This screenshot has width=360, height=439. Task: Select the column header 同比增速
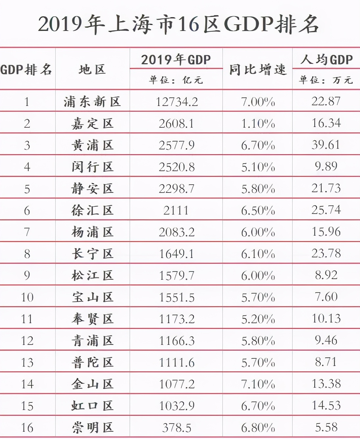pyautogui.click(x=258, y=70)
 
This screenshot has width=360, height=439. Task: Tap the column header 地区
pyautogui.click(x=92, y=69)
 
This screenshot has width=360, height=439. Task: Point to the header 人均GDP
pyautogui.click(x=326, y=60)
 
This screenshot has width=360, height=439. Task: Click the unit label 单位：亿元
pyautogui.click(x=176, y=80)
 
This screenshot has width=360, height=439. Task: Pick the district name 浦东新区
pyautogui.click(x=92, y=102)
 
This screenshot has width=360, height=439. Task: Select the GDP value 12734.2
pyautogui.click(x=177, y=102)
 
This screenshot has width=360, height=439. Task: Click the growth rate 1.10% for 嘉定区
pyautogui.click(x=258, y=123)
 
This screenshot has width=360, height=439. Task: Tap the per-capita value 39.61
pyautogui.click(x=326, y=145)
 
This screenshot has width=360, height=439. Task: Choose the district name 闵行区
pyautogui.click(x=92, y=167)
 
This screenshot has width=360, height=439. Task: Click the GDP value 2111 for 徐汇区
pyautogui.click(x=176, y=210)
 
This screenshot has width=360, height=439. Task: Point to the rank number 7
pyautogui.click(x=27, y=232)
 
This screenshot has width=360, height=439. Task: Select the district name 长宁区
pyautogui.click(x=92, y=254)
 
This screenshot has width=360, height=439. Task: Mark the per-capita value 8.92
pyautogui.click(x=326, y=275)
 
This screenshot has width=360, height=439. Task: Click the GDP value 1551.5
pyautogui.click(x=177, y=297)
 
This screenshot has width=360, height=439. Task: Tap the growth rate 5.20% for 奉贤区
pyautogui.click(x=258, y=319)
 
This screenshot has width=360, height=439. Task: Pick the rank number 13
pyautogui.click(x=27, y=362)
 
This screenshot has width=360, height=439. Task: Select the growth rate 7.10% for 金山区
pyautogui.click(x=258, y=384)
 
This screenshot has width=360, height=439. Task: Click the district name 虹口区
pyautogui.click(x=92, y=406)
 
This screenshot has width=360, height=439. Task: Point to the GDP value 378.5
pyautogui.click(x=177, y=427)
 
